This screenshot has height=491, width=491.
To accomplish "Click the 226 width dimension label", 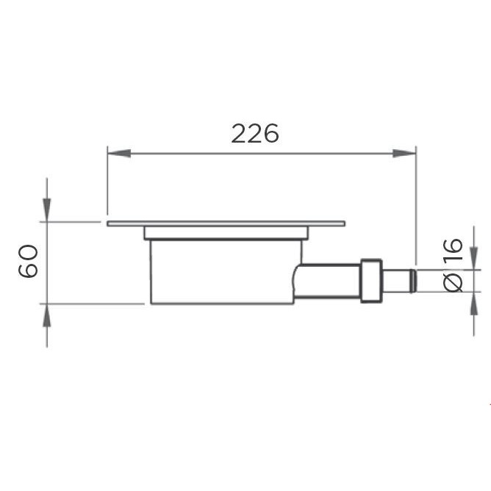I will pos(255,134).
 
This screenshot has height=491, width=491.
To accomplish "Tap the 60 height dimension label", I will pos(29,261).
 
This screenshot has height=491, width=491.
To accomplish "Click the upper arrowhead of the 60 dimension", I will pos(47,210).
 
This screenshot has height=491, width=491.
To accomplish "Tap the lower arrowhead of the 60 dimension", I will pos(47,314).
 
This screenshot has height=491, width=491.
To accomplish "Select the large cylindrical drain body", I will pos(221,272).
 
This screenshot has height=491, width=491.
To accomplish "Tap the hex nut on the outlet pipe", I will pos(370,279).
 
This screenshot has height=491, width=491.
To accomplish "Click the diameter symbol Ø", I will pos(454,281).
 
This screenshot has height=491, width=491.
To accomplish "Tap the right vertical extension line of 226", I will pos(416,206).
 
